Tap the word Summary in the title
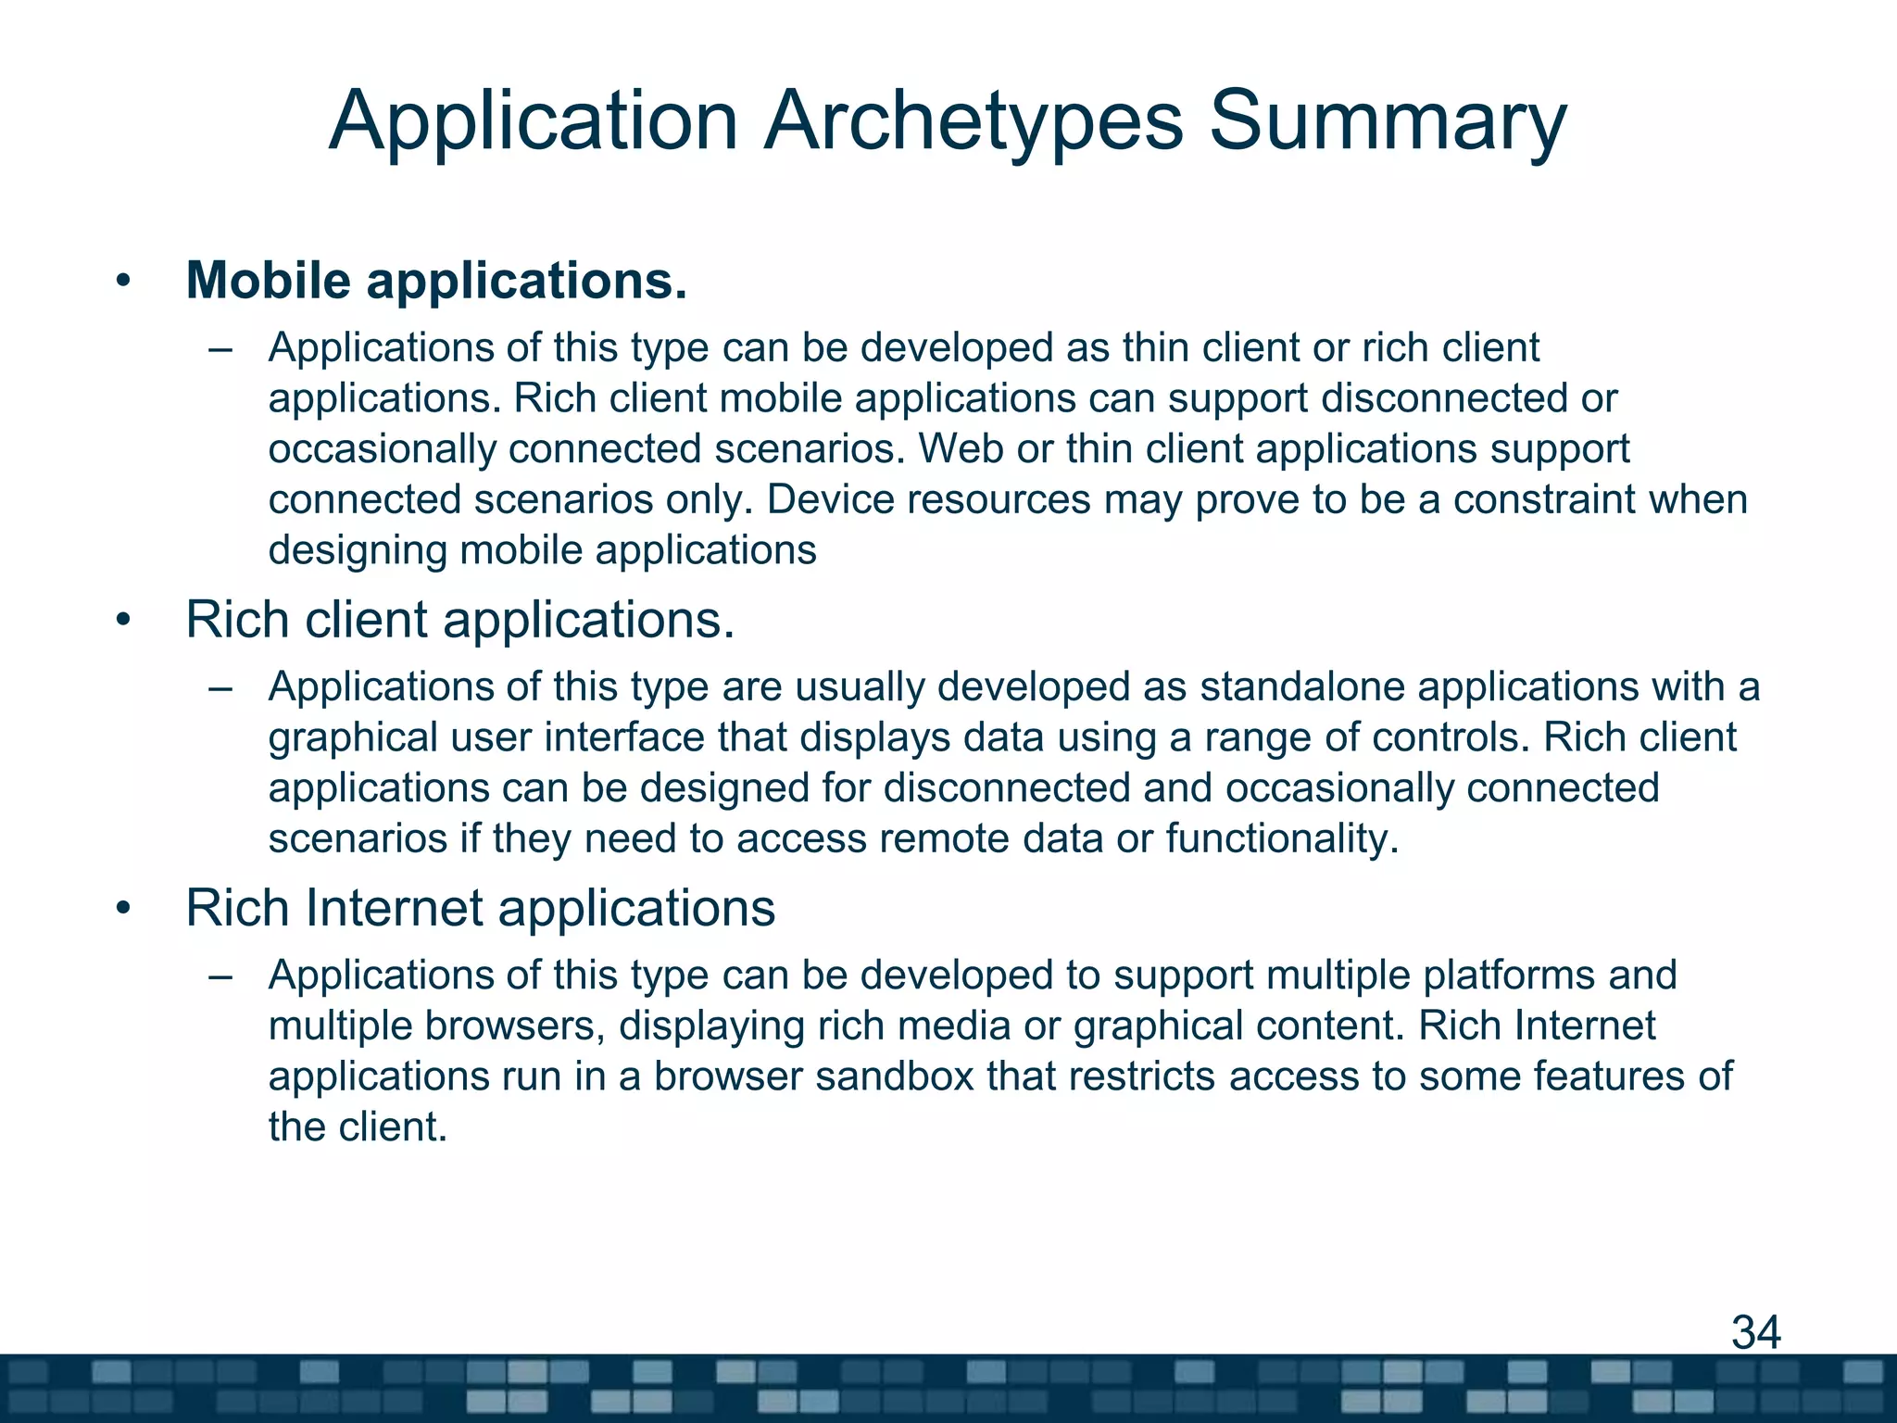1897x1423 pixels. click(1387, 122)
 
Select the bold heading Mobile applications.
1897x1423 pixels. click(436, 281)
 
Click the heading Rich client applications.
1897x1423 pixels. click(459, 620)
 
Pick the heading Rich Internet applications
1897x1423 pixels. click(480, 908)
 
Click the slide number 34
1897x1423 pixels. click(1755, 1332)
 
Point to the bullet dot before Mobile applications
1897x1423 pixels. click(124, 282)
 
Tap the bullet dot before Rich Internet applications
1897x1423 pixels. click(124, 909)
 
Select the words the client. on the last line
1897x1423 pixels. click(358, 1127)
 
